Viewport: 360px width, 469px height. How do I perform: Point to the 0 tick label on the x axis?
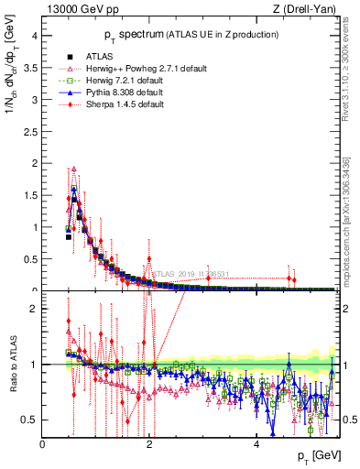[42, 444]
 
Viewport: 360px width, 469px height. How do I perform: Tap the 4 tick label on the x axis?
[256, 444]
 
